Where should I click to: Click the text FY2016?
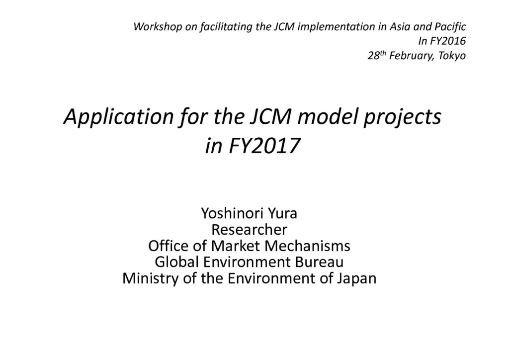pos(448,41)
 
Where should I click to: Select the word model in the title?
pos(327,116)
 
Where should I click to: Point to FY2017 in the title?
pos(263,145)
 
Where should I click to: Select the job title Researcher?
pos(250,230)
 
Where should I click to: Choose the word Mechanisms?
pos(308,246)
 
